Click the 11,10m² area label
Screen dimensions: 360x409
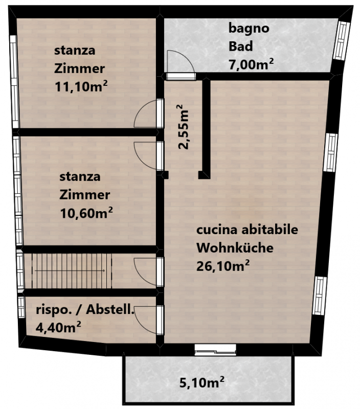[81, 86]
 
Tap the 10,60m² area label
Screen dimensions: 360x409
[86, 213]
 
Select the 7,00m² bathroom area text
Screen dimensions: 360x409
[251, 64]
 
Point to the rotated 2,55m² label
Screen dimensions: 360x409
[183, 127]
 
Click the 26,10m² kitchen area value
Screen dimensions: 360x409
[223, 266]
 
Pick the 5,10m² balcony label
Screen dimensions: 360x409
[202, 382]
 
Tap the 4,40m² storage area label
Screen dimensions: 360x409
[58, 327]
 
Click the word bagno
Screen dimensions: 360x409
[249, 29]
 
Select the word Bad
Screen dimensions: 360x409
[240, 46]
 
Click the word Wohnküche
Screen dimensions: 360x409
[235, 247]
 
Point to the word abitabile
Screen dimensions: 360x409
[269, 230]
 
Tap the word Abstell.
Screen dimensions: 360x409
[110, 309]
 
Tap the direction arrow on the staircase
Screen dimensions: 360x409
[70, 271]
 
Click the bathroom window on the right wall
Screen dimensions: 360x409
[342, 40]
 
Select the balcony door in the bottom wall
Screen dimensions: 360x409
[215, 350]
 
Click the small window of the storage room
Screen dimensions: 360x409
[21, 307]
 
